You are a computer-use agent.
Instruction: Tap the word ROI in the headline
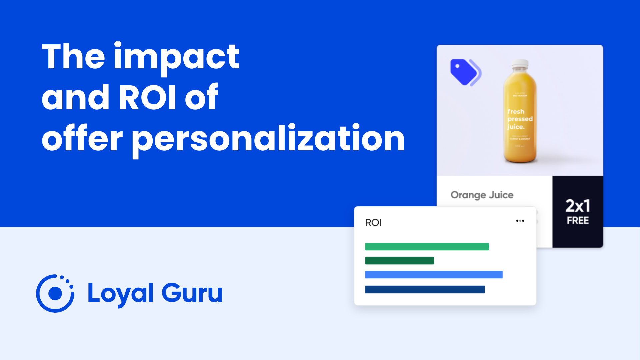click(147, 97)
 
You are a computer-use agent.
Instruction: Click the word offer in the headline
click(82, 138)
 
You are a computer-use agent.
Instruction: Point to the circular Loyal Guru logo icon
click(55, 293)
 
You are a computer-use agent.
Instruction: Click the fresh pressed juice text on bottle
click(520, 119)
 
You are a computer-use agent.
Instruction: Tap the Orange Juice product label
click(482, 195)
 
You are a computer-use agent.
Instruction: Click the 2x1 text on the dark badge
click(578, 206)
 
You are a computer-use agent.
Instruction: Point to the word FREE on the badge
click(578, 221)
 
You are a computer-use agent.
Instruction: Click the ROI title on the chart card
click(373, 223)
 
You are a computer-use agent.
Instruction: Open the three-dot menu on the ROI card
click(520, 221)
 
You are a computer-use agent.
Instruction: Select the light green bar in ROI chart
click(427, 247)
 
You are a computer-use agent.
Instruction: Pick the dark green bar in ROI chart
click(399, 261)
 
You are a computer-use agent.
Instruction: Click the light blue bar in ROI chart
click(434, 275)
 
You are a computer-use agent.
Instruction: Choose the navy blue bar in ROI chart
click(425, 289)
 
